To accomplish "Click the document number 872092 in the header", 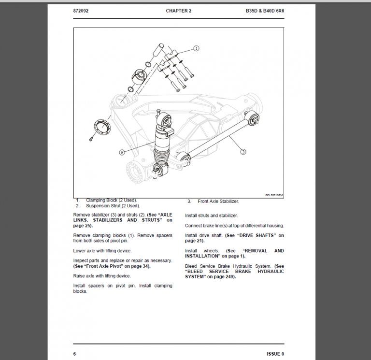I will pyautogui.click(x=81, y=10).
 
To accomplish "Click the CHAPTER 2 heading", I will pyautogui.click(x=178, y=10).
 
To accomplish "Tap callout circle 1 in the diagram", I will pyautogui.click(x=196, y=48).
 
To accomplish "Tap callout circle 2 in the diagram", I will pyautogui.click(x=122, y=152).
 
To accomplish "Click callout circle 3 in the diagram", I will pyautogui.click(x=243, y=152).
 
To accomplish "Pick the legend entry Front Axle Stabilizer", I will pyautogui.click(x=218, y=201).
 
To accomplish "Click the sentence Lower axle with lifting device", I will pyautogui.click(x=102, y=251).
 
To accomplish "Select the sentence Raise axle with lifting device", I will pyautogui.click(x=101, y=276).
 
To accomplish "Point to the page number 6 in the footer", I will pyautogui.click(x=74, y=354).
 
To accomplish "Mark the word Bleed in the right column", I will pyautogui.click(x=191, y=266).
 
